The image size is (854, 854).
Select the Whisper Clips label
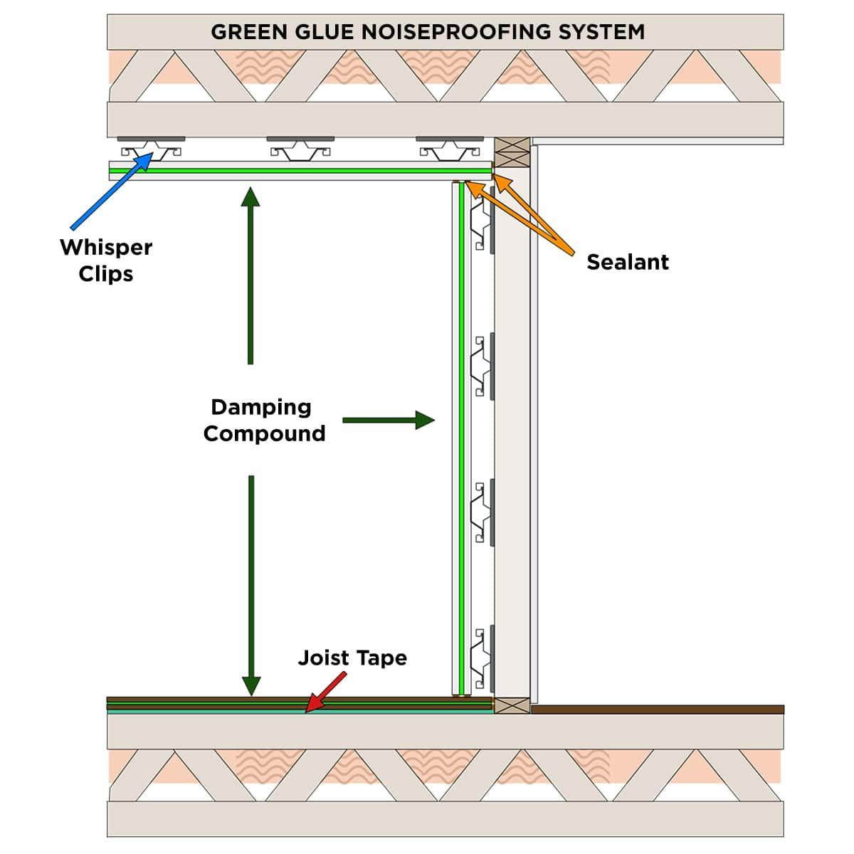(106, 260)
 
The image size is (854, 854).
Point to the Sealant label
(627, 262)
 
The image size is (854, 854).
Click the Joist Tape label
(352, 658)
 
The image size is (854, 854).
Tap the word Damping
(261, 407)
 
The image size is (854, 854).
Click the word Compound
(264, 433)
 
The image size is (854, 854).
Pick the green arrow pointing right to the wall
(388, 420)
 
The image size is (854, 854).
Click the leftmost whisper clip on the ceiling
(151, 147)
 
